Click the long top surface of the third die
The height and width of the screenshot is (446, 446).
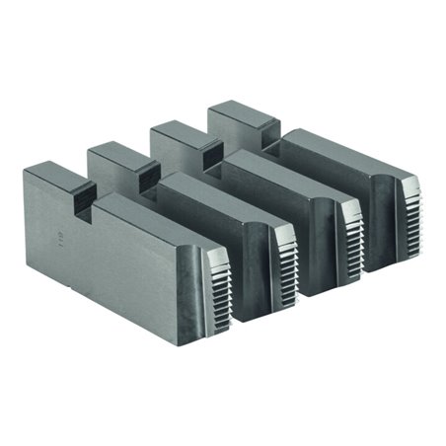(281, 168)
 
